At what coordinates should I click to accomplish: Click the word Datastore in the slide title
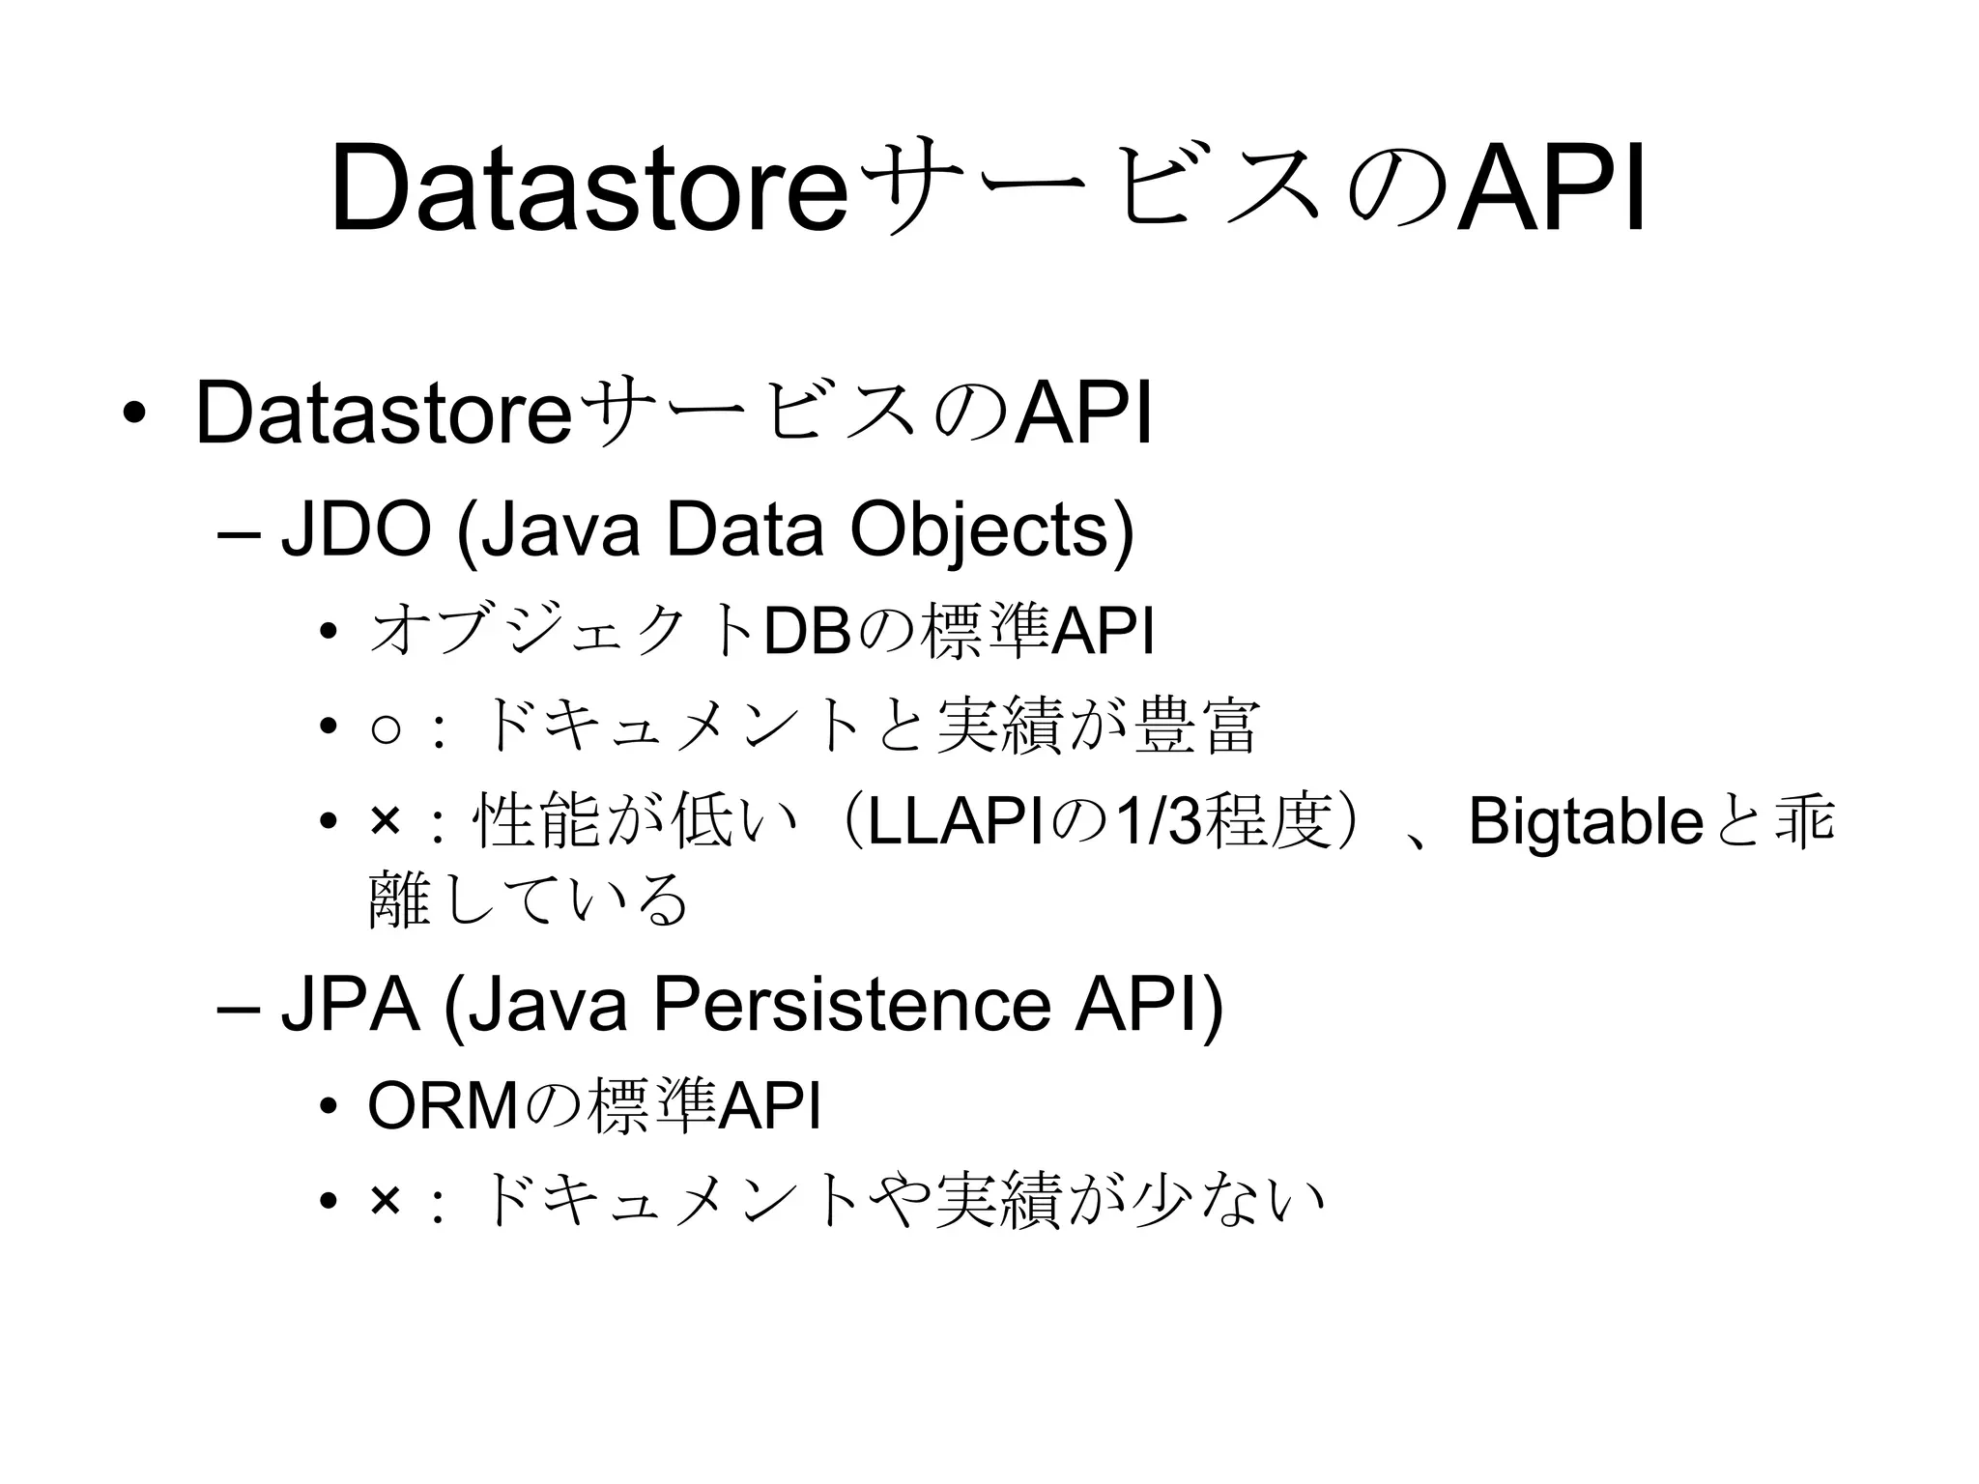click(x=589, y=188)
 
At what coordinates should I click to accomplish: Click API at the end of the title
click(x=1551, y=188)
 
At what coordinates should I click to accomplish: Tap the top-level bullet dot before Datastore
click(x=134, y=414)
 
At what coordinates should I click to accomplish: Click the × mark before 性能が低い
click(x=385, y=822)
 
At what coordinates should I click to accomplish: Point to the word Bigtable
click(x=1585, y=822)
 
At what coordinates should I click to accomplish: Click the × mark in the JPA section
click(x=385, y=1201)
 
